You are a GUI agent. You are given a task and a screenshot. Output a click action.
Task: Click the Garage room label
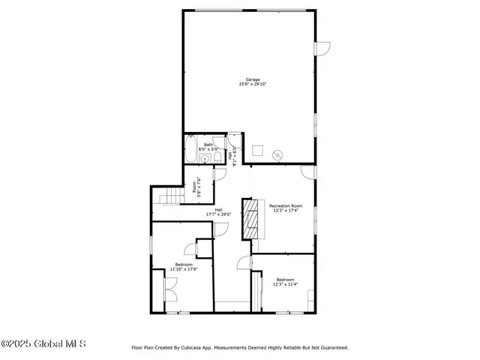(253, 81)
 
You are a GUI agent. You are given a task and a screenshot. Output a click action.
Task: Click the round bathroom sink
(203, 159)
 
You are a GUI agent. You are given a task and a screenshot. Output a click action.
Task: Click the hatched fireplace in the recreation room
(247, 218)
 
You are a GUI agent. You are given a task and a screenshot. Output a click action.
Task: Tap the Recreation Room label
(286, 208)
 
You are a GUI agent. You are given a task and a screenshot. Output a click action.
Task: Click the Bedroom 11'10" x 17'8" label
(184, 266)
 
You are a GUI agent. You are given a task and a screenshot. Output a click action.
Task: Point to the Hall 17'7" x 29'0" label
(218, 211)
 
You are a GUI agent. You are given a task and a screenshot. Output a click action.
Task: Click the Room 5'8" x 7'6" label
(196, 186)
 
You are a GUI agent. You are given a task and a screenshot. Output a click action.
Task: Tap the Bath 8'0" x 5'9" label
(208, 147)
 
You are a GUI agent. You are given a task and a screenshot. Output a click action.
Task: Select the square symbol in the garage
(256, 148)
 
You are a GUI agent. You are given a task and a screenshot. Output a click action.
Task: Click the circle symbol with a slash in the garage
(277, 154)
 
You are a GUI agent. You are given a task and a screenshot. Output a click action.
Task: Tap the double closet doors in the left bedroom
(169, 288)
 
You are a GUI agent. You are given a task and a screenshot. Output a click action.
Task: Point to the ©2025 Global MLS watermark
(43, 344)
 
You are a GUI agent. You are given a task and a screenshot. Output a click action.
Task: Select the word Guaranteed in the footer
(331, 347)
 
